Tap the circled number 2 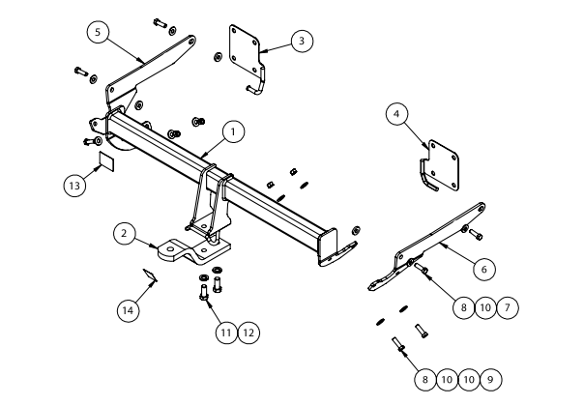click(124, 232)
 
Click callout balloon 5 click(96, 32)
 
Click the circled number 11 click(224, 332)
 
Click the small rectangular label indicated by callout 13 click(105, 160)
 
